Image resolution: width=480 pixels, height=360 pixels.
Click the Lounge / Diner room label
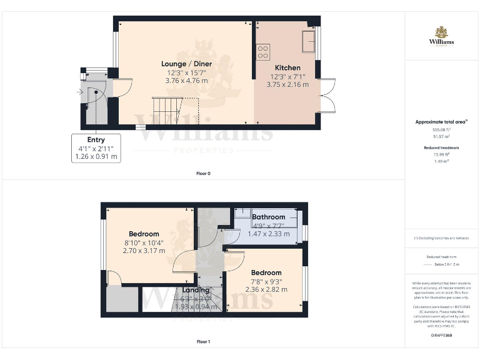point(186,64)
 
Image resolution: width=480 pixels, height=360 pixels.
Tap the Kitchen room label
point(287,67)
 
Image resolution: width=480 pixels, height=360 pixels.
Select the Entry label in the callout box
point(96,140)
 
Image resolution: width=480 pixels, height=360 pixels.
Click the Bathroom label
point(269,217)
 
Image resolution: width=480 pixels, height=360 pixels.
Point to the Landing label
point(196,290)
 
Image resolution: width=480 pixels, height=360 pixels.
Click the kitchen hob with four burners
point(263,51)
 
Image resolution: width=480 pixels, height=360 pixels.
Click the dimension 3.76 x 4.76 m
point(186,81)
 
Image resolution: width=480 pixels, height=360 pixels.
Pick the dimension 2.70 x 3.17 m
point(144,251)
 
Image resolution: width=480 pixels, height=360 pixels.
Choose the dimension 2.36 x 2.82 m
point(267,289)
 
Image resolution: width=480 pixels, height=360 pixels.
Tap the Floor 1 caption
point(203,342)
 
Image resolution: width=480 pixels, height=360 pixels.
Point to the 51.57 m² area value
point(441,136)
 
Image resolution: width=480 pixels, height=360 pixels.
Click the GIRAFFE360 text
point(441,336)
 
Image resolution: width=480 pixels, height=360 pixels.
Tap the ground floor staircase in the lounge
point(167,111)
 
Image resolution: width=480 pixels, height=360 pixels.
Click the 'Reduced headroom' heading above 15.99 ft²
point(441,147)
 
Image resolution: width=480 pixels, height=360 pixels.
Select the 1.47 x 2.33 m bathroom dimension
point(269,234)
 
